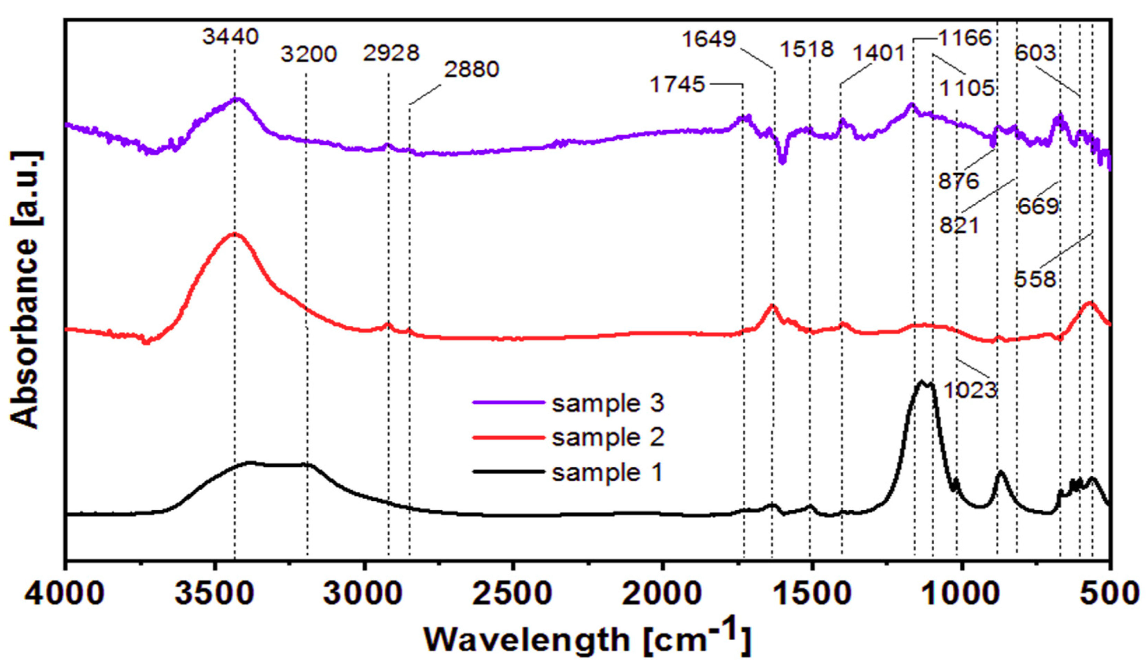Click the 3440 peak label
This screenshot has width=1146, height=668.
pos(231,36)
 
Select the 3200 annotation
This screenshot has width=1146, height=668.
pos(308,54)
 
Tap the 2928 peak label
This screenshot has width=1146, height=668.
pos(391,53)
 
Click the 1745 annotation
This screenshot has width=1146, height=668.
pos(677,85)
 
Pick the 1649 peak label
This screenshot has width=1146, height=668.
pos(708,39)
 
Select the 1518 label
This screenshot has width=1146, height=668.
pos(807,49)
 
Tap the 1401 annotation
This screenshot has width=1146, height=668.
pos(878,54)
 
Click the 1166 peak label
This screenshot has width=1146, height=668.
pos(964,38)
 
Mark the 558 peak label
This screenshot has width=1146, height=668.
pos(1034,279)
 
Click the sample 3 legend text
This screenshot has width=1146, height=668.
pos(608,403)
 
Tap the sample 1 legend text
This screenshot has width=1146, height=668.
pos(607,473)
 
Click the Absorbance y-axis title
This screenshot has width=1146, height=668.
pos(25,290)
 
